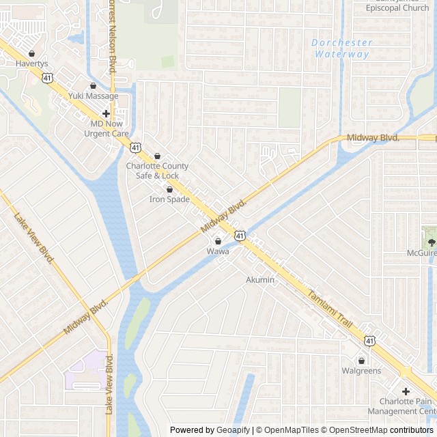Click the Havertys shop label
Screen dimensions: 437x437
click(x=32, y=64)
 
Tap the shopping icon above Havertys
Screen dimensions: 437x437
click(x=32, y=54)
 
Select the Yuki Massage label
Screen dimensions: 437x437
click(x=93, y=96)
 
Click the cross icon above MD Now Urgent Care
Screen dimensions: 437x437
click(x=107, y=113)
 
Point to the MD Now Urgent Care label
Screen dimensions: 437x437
click(x=107, y=129)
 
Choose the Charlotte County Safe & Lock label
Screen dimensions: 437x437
click(x=157, y=171)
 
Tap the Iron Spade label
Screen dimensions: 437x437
click(x=169, y=199)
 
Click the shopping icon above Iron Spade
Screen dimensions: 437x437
click(x=169, y=189)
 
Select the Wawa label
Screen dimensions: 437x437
click(x=218, y=251)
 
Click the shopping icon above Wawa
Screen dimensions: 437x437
click(x=218, y=241)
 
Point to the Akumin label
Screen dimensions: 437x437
click(x=260, y=280)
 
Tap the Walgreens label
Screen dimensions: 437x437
click(x=361, y=371)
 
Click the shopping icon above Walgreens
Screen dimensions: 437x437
click(x=361, y=361)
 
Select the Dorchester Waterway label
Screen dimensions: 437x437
click(x=341, y=48)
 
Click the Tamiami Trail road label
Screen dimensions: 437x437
click(x=329, y=307)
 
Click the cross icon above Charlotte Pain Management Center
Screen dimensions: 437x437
click(x=406, y=391)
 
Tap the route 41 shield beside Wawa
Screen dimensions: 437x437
click(x=240, y=236)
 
